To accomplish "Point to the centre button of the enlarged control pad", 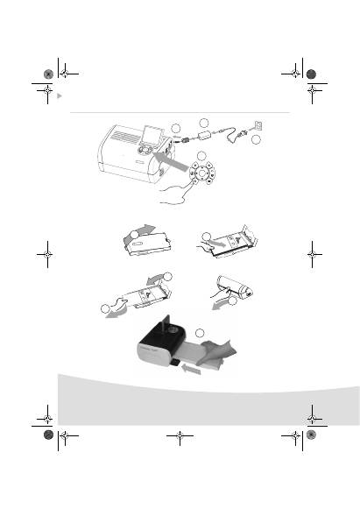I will coord(203,175).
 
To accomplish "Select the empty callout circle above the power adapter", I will coord(204,122).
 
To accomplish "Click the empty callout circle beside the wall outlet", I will coord(255,141).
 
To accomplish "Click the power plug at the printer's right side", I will coord(186,138).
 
